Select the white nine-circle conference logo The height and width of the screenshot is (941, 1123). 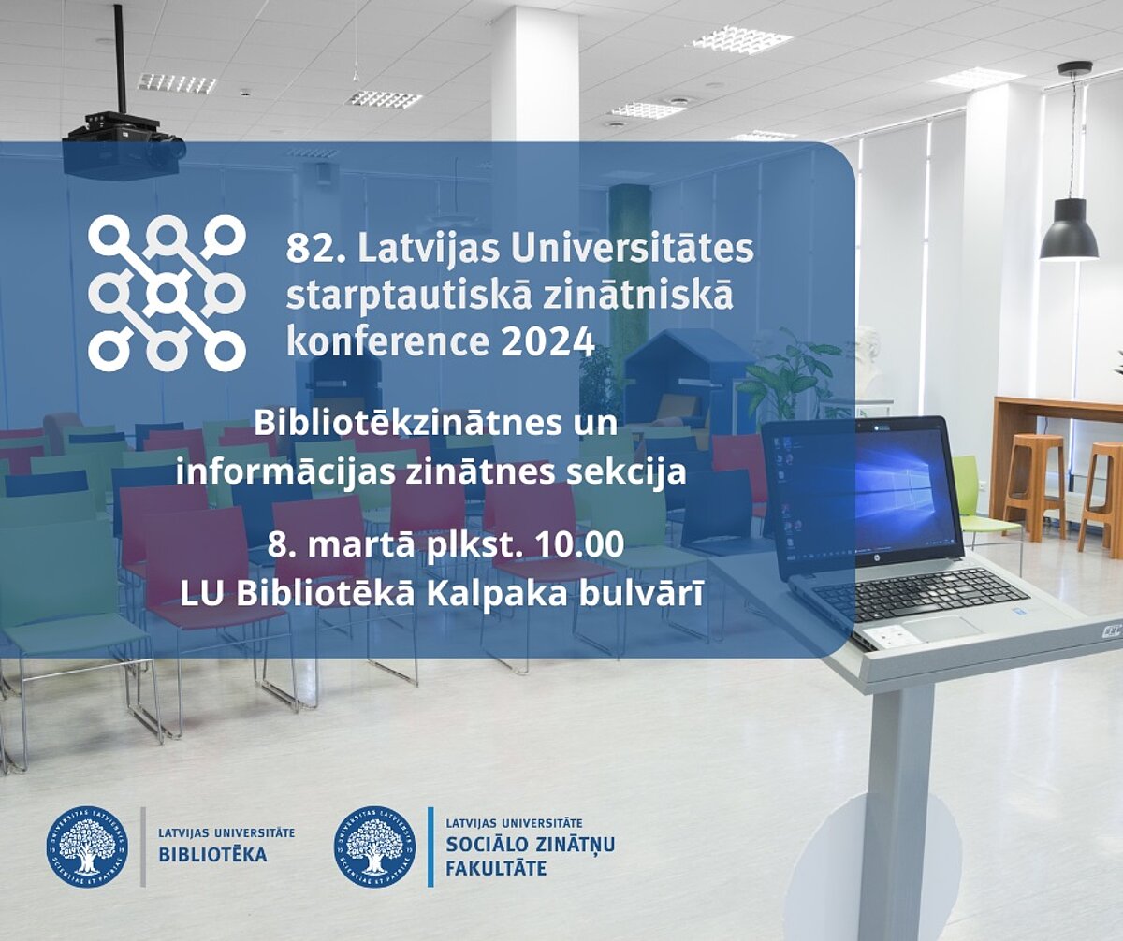point(167,293)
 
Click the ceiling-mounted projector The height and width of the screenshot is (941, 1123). point(124,145)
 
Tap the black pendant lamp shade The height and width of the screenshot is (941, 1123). point(1069,229)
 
